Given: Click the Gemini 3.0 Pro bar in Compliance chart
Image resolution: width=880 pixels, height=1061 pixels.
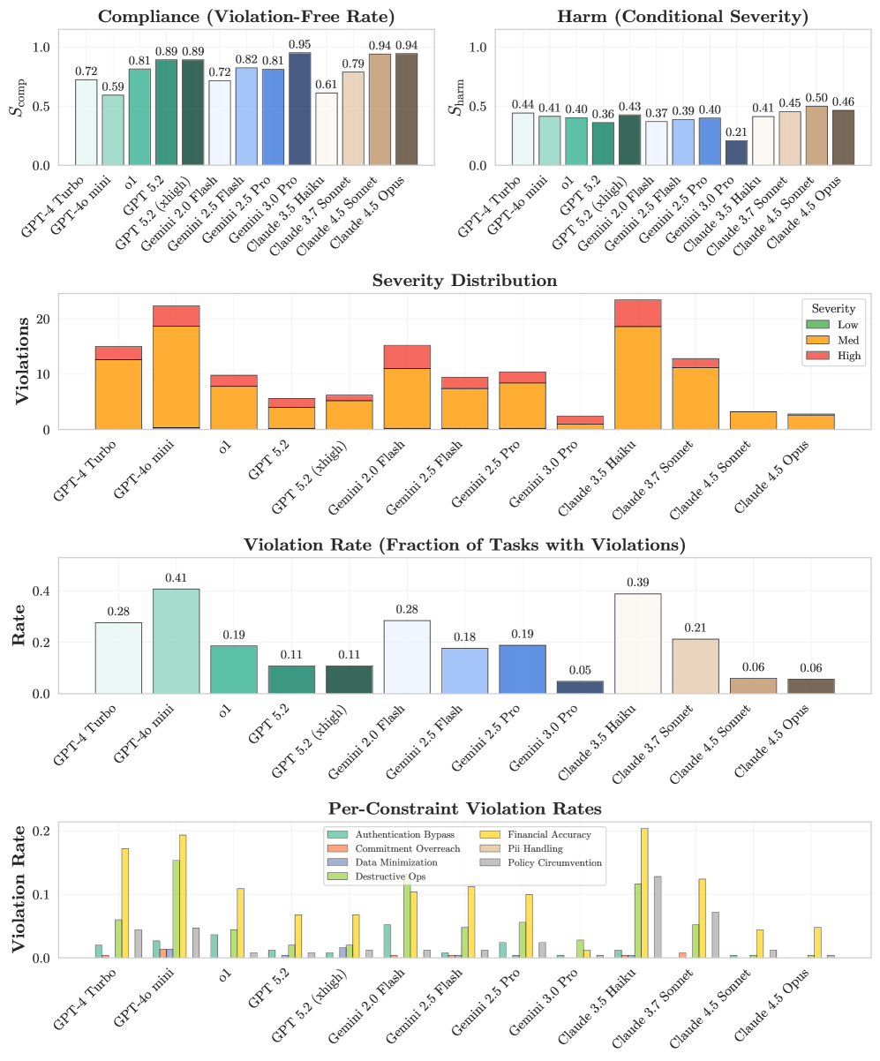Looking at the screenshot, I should (x=300, y=109).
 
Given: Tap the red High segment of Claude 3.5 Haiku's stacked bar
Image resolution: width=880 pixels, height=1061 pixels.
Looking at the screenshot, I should (x=637, y=313).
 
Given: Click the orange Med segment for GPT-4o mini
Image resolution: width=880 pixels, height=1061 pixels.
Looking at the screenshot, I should (x=177, y=377).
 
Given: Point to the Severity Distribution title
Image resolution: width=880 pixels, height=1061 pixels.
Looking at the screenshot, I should (x=464, y=281).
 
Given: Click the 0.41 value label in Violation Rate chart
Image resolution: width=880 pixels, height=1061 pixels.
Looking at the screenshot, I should (x=177, y=579).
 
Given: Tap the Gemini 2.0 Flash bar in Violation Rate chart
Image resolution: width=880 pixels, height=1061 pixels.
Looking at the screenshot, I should (x=407, y=657).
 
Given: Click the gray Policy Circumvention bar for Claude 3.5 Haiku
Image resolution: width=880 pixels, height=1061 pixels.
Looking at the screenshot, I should (x=657, y=917).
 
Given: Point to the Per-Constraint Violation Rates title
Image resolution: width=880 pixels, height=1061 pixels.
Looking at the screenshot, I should (x=464, y=809).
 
